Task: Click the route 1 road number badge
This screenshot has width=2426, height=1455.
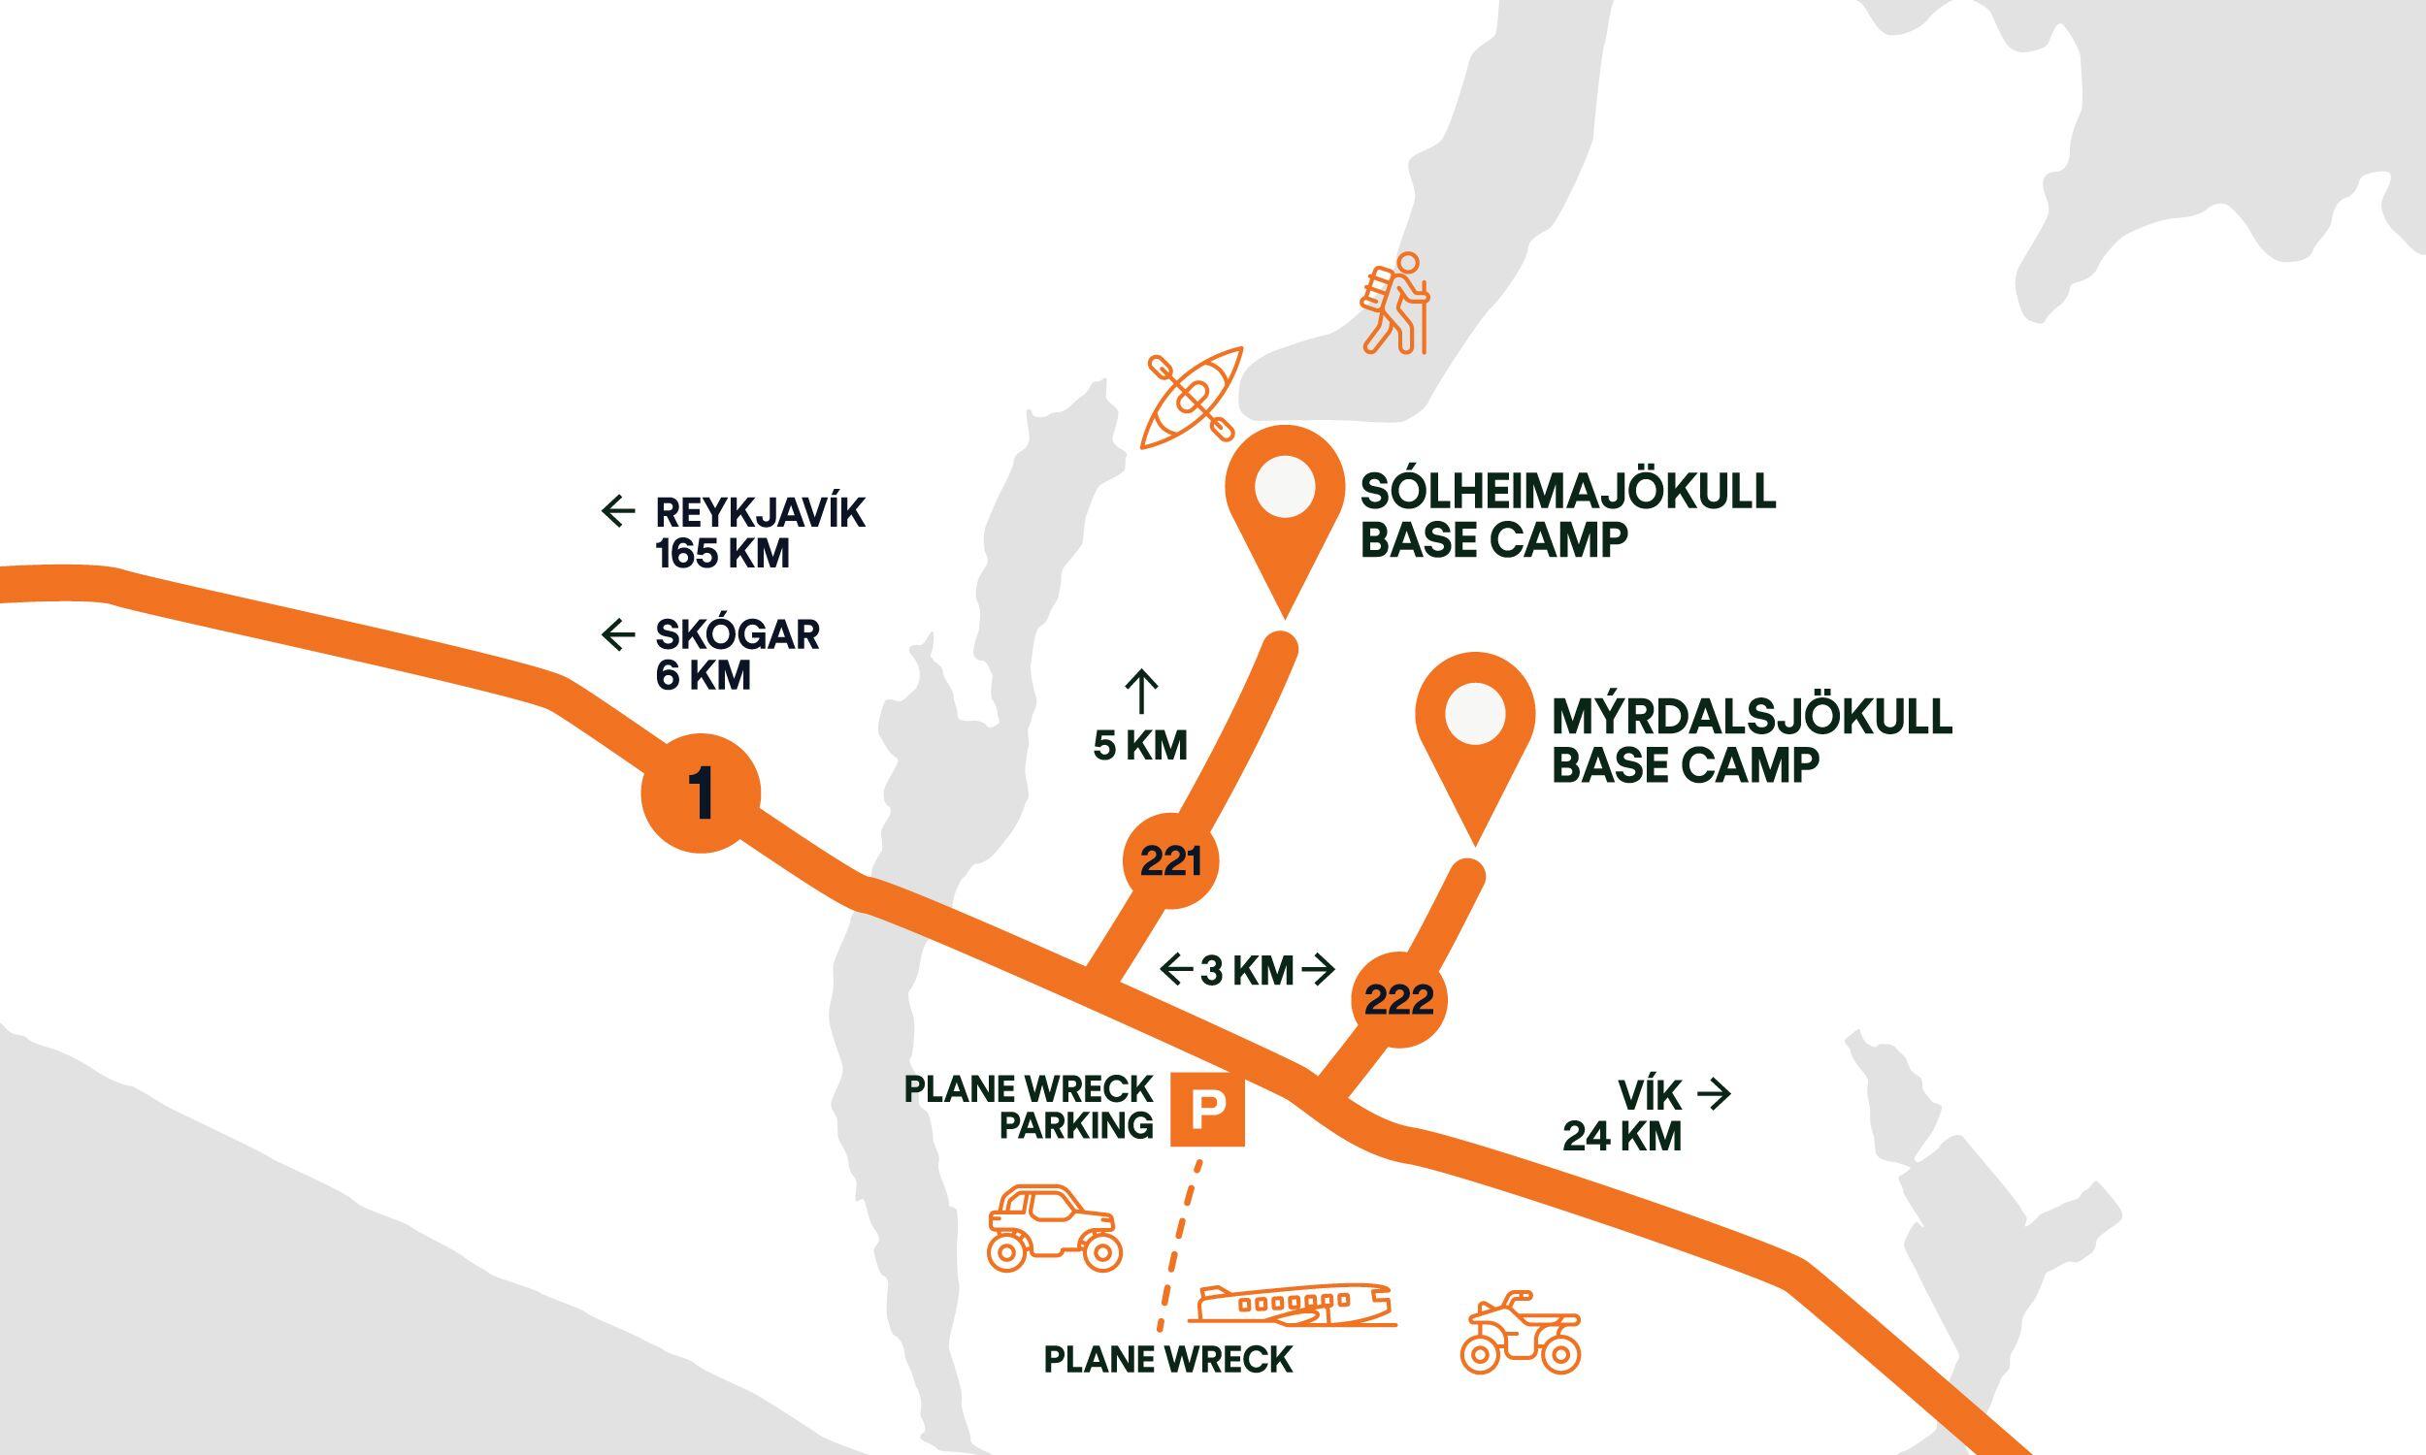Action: coord(701,793)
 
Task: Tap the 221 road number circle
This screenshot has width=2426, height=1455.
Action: coord(1171,861)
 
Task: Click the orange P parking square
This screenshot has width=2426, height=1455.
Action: coord(1207,1110)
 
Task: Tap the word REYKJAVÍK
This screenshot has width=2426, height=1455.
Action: coord(760,513)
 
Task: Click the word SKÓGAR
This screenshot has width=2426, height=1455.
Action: coord(738,635)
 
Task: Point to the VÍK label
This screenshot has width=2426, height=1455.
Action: coord(1650,1094)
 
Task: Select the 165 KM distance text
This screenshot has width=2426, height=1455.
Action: coord(723,555)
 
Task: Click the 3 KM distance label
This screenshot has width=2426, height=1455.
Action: coord(1246,971)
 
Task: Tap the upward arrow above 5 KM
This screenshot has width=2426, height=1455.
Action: coord(1141,693)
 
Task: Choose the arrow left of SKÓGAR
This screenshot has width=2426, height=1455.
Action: coord(618,635)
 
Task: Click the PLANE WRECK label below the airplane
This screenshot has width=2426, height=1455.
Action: coord(1168,1387)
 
